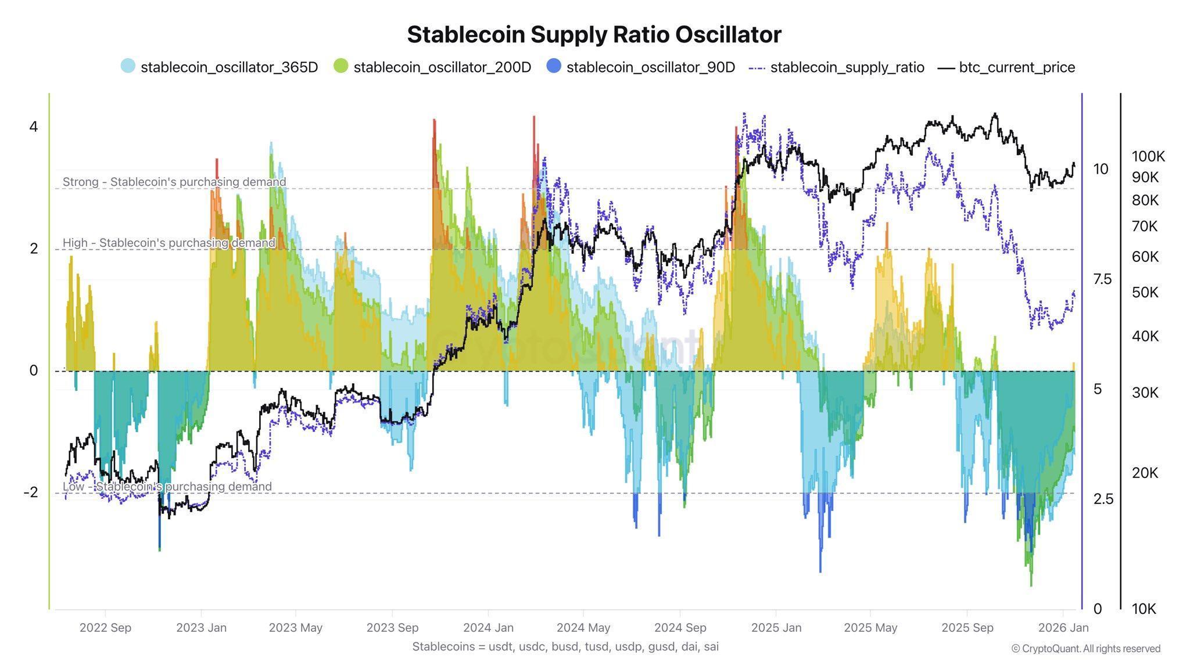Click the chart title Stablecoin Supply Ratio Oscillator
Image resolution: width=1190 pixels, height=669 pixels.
pyautogui.click(x=594, y=35)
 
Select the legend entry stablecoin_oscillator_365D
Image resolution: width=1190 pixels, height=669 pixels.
pyautogui.click(x=229, y=67)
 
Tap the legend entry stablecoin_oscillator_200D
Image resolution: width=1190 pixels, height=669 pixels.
pyautogui.click(x=442, y=67)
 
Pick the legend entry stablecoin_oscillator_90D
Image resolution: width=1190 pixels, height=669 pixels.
pyautogui.click(x=650, y=67)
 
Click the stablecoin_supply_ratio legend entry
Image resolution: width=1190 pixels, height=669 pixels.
pyautogui.click(x=847, y=67)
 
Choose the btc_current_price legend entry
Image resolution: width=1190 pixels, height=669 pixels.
pyautogui.click(x=1016, y=67)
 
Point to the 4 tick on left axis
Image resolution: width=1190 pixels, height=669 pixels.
pyautogui.click(x=34, y=127)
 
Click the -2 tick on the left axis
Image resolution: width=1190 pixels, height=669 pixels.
pyautogui.click(x=31, y=492)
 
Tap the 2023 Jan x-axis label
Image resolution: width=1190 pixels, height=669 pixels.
pyautogui.click(x=201, y=628)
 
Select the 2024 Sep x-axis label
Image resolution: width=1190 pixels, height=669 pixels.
pyautogui.click(x=680, y=628)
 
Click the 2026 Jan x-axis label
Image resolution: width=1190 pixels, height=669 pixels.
pyautogui.click(x=1063, y=628)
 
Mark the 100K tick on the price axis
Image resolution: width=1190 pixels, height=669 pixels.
pyautogui.click(x=1148, y=156)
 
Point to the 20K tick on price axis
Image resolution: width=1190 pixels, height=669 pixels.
pyautogui.click(x=1145, y=473)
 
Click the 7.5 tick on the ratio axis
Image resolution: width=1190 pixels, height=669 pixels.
pyautogui.click(x=1102, y=279)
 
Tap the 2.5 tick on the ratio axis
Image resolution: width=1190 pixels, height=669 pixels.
pyautogui.click(x=1102, y=499)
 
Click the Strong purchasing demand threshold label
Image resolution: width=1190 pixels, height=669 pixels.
pyautogui.click(x=174, y=182)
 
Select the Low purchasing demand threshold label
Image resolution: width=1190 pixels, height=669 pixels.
pyautogui.click(x=167, y=487)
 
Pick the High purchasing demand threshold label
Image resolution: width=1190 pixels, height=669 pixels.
pyautogui.click(x=169, y=243)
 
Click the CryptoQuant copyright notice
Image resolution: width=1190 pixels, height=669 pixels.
pyautogui.click(x=1085, y=649)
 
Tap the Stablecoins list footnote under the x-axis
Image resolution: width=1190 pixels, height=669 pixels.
pyautogui.click(x=565, y=646)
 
